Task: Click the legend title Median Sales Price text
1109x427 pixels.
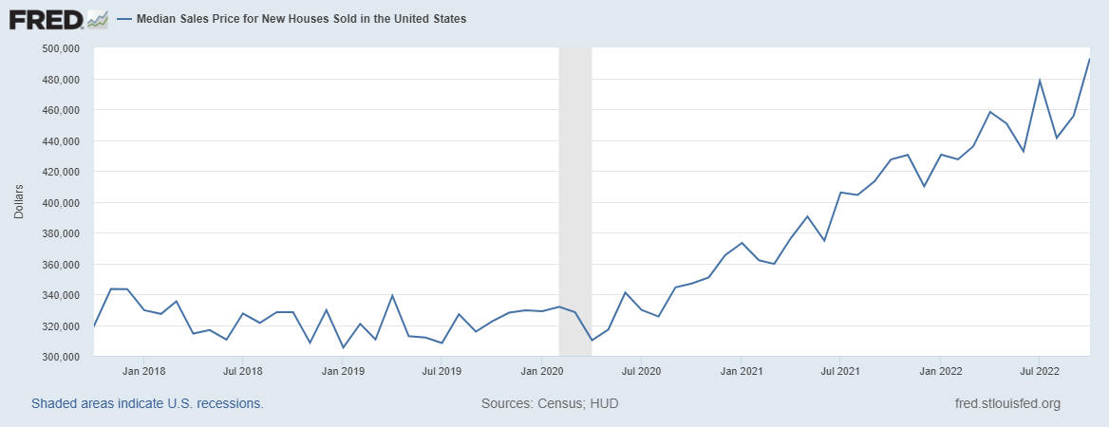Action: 302,19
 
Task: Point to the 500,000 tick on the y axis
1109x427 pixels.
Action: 61,48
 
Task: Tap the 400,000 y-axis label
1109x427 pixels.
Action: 61,203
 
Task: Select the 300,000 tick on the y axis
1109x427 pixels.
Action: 61,357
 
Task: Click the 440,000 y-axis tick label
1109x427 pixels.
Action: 61,141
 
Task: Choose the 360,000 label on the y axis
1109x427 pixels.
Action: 61,265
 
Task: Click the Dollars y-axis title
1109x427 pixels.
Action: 19,202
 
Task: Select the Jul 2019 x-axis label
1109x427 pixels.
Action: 442,372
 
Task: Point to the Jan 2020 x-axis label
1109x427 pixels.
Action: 541,372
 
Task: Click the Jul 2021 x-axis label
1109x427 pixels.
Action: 839,372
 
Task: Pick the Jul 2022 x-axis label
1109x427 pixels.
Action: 1039,372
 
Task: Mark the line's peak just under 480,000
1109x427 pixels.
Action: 1040,81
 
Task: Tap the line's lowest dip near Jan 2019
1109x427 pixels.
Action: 343,347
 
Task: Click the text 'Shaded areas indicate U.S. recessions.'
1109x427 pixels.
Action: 147,403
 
